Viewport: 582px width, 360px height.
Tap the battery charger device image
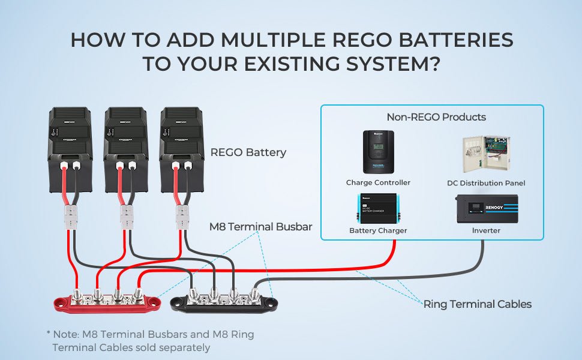(x=378, y=209)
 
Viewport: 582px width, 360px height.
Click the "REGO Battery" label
(x=248, y=152)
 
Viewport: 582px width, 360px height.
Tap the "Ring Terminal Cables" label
(x=477, y=304)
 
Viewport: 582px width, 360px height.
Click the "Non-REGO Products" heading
(x=436, y=117)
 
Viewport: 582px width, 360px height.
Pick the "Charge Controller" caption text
(x=378, y=182)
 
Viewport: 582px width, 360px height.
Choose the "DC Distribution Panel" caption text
(x=486, y=183)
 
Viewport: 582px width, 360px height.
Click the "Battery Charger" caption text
(x=378, y=230)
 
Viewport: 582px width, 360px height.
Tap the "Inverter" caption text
(x=486, y=230)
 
